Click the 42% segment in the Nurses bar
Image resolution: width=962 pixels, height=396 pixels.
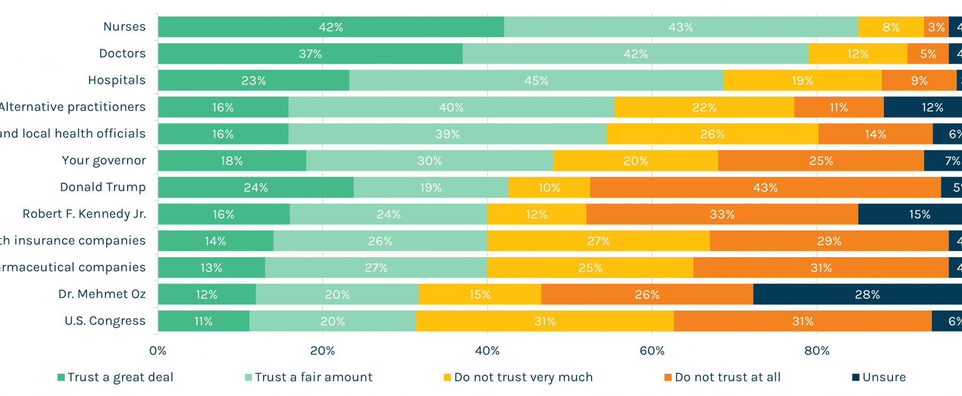tap(331, 27)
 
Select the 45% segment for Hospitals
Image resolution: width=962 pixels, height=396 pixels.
tap(536, 81)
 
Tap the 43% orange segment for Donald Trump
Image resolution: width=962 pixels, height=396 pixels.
tap(765, 188)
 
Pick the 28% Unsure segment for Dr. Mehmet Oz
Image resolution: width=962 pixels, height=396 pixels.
tap(867, 295)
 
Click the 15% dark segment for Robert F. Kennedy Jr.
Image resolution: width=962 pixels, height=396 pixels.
tap(919, 214)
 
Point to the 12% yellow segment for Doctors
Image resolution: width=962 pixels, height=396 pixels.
tap(858, 54)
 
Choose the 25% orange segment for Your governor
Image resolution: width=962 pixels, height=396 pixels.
tap(821, 161)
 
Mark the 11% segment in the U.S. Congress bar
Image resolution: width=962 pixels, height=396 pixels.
tap(203, 321)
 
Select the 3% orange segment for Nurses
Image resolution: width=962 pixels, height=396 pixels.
tap(936, 27)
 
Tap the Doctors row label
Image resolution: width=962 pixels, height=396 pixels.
tap(122, 53)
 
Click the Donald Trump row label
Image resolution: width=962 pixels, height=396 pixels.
tap(103, 187)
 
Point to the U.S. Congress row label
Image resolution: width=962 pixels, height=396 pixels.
tap(105, 321)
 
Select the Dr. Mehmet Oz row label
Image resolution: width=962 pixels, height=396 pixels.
tap(102, 294)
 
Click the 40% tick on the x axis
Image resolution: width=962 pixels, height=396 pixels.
tap(487, 351)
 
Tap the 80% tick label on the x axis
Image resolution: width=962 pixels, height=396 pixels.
tap(817, 351)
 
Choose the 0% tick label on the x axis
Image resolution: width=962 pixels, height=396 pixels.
tap(158, 351)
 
